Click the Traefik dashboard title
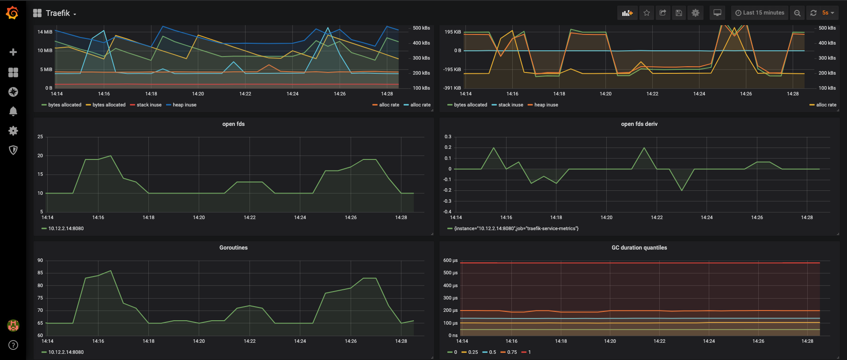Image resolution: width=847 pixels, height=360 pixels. coord(58,13)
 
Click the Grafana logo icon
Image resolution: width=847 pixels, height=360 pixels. coord(12,13)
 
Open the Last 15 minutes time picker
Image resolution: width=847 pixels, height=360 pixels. coord(760,13)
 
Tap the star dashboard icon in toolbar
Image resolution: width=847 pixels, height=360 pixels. coord(647,13)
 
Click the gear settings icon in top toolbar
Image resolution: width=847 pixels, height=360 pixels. coord(695,13)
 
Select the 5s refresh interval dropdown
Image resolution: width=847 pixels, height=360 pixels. coord(828,13)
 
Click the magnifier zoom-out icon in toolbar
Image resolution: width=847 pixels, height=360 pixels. coord(797,13)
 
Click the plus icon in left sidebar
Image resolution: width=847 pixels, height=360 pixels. coord(13,52)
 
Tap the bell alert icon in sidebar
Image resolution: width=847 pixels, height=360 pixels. coord(13,111)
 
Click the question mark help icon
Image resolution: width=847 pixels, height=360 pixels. coord(13,345)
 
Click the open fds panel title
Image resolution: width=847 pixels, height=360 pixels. coord(233,124)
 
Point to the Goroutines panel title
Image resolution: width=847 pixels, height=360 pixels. coord(233,248)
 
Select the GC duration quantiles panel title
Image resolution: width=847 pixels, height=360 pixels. coord(639,248)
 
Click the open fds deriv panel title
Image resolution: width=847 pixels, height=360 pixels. coord(639,124)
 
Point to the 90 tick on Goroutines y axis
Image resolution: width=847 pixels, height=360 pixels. coord(40,260)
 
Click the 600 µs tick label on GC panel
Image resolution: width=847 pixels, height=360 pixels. coord(450,260)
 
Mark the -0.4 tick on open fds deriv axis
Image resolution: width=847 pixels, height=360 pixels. coord(447,212)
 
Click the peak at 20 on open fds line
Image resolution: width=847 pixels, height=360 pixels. coord(110,156)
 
